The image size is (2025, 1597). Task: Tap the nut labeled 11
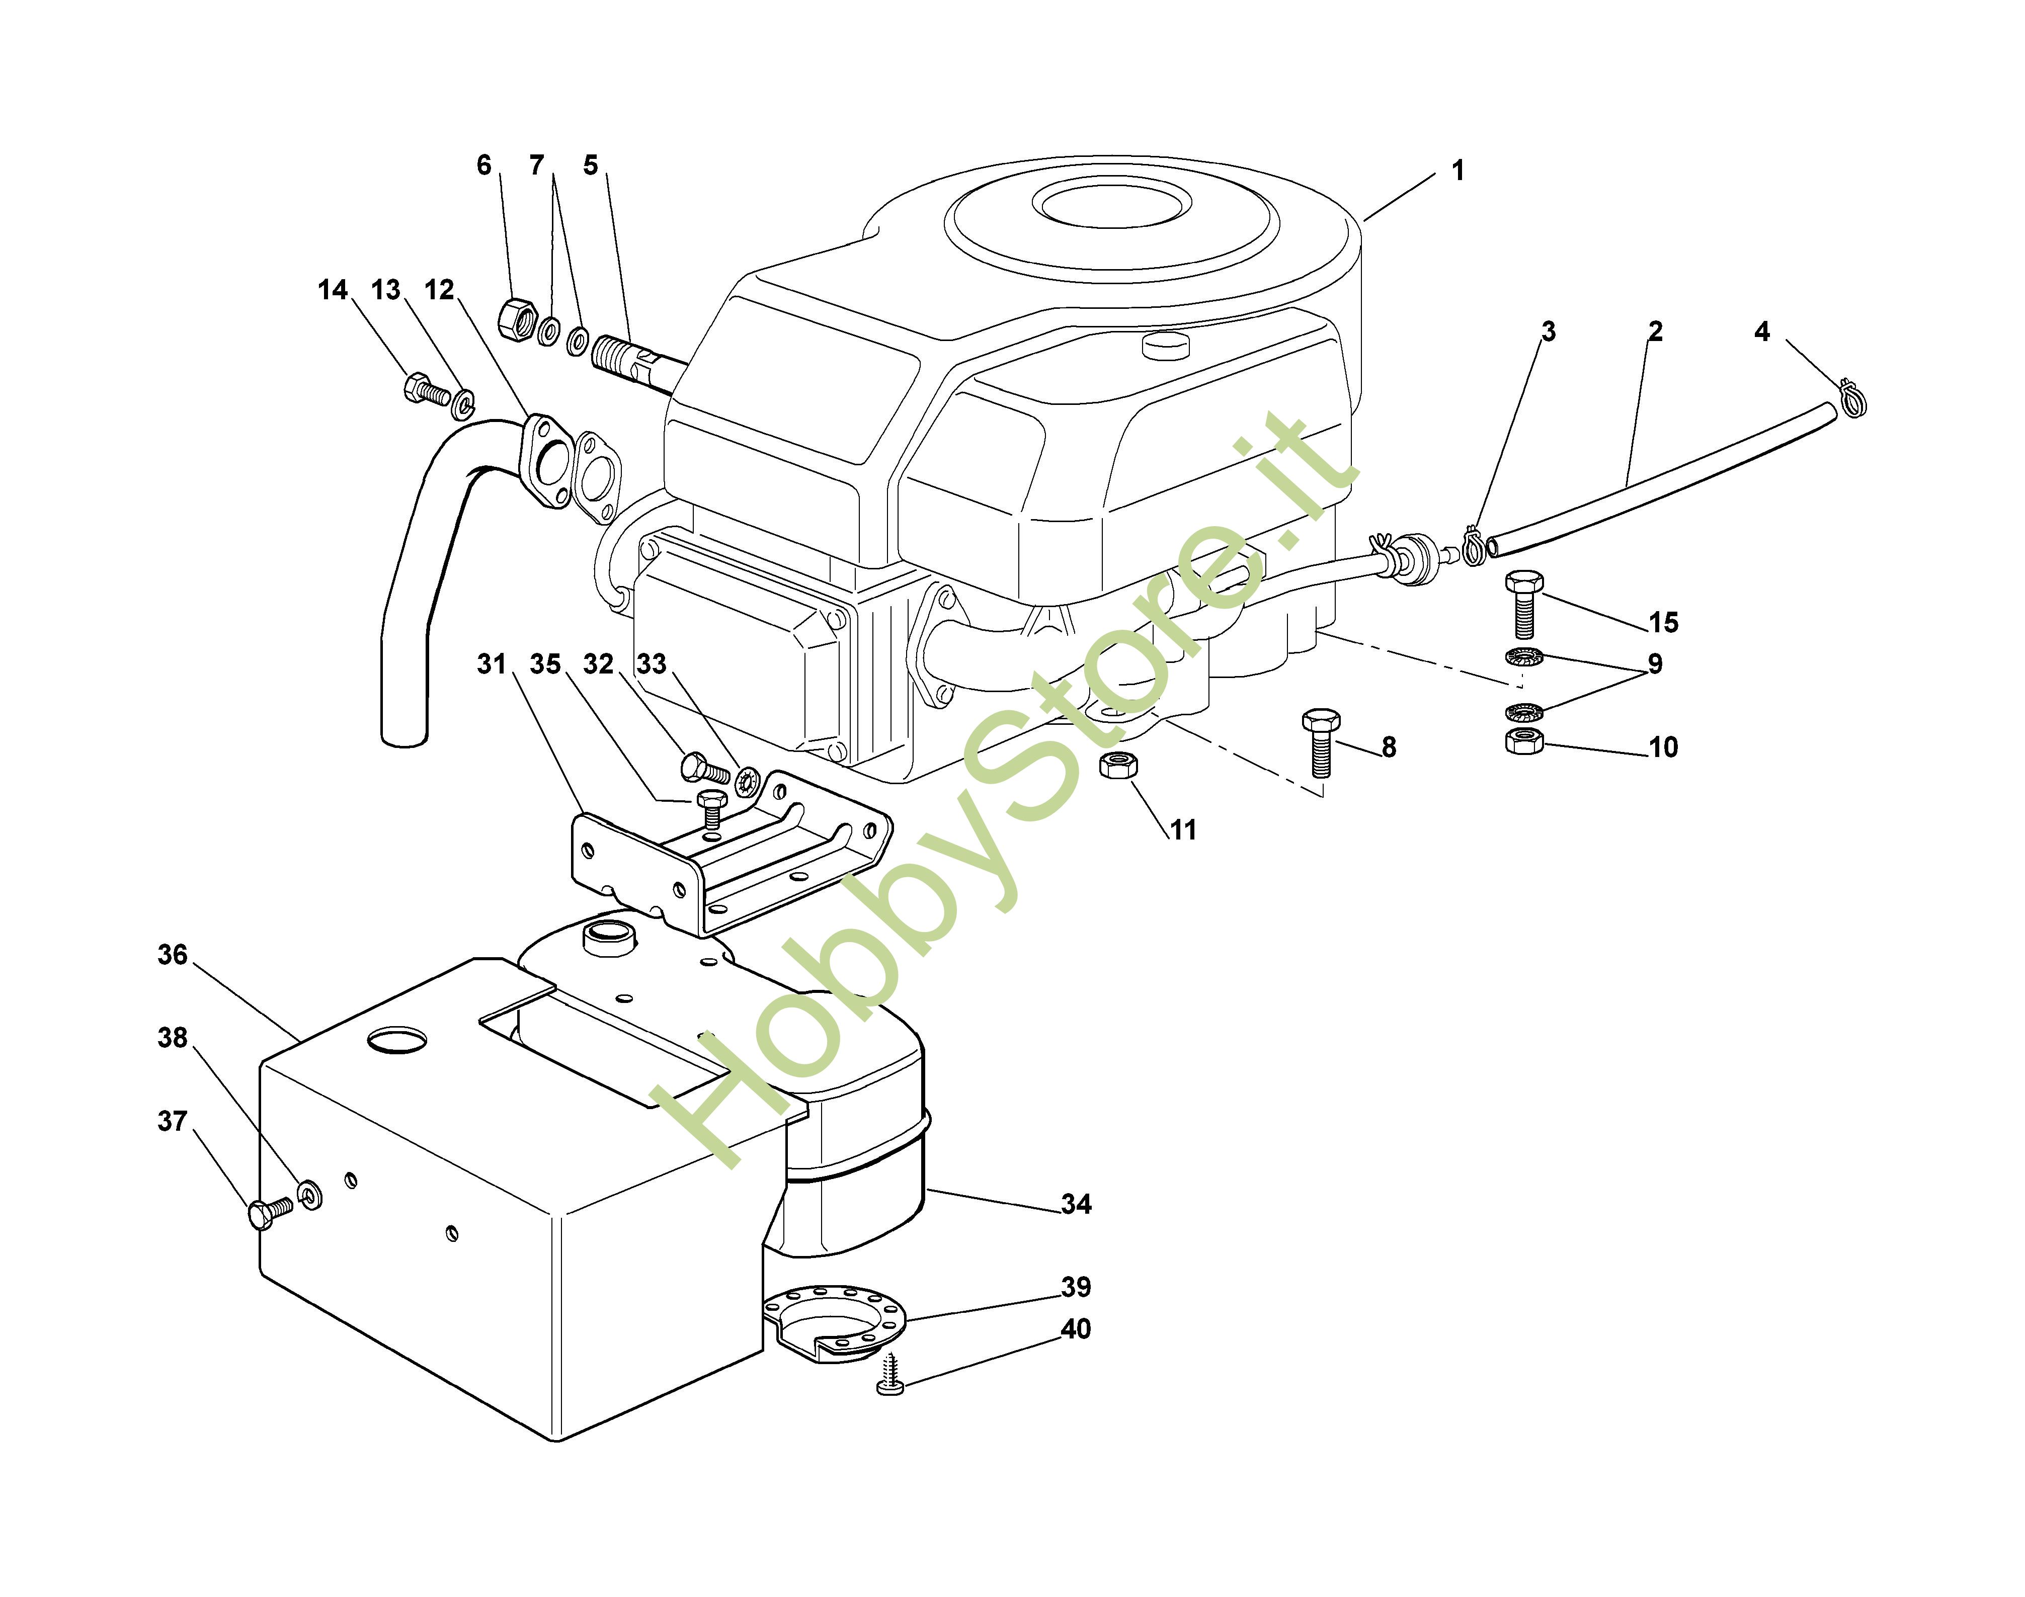tap(1118, 767)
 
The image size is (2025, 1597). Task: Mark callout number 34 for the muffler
tap(1076, 1204)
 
